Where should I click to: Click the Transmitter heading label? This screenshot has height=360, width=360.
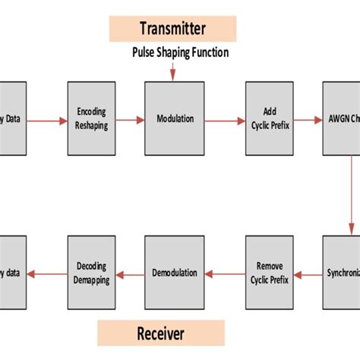(x=172, y=29)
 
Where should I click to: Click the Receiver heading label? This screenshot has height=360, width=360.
(x=161, y=333)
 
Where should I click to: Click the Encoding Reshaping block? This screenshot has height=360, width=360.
(x=92, y=119)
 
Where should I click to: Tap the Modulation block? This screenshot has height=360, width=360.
(x=174, y=119)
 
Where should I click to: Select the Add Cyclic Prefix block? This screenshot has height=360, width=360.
(x=269, y=119)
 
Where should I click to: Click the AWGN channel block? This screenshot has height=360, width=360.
(x=341, y=119)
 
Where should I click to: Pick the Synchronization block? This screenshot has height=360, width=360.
(x=341, y=273)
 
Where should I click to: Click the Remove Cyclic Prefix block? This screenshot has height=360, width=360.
(x=269, y=273)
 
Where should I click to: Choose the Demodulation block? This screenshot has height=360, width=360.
(x=174, y=273)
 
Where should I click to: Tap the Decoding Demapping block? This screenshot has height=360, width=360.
(x=92, y=273)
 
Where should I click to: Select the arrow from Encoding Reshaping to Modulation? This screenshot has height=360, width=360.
(x=130, y=119)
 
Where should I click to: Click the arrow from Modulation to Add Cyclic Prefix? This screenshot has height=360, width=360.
(x=224, y=119)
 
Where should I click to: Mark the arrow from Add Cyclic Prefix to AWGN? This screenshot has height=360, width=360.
(x=308, y=119)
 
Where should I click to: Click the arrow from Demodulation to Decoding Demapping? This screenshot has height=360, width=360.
(x=130, y=273)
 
